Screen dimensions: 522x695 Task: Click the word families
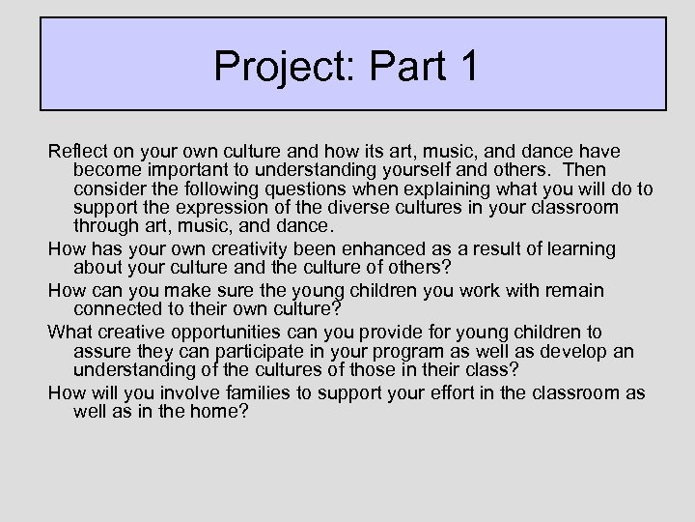coord(272,392)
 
